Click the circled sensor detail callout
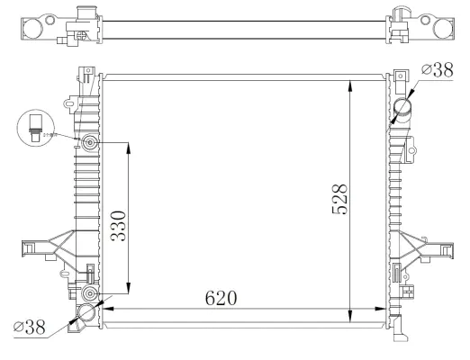[x=34, y=125]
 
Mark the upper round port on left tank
[x=89, y=143]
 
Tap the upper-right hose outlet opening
[x=402, y=109]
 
